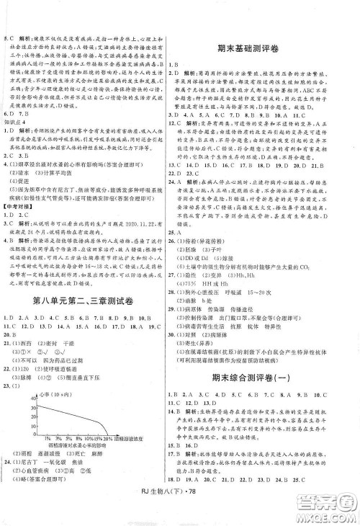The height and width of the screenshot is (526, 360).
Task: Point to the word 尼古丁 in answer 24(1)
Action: pos(35,469)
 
